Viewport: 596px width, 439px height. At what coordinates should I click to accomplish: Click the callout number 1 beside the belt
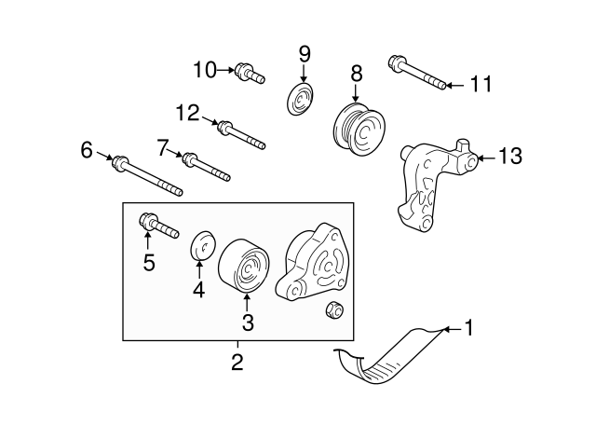coord(470,327)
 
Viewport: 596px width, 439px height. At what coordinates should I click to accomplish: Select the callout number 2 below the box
coord(237,362)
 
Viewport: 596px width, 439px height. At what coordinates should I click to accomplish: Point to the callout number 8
coord(356,73)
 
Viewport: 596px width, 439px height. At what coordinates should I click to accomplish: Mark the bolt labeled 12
coord(240,134)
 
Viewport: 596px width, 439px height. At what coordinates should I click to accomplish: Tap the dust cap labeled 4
coord(203,248)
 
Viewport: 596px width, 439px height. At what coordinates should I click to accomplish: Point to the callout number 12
coord(187,113)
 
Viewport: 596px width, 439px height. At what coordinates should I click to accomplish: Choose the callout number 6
coord(87,149)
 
